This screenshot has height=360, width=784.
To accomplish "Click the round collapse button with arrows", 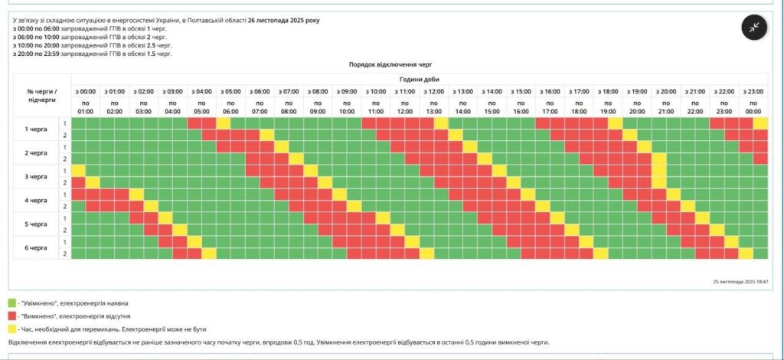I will pyautogui.click(x=754, y=28).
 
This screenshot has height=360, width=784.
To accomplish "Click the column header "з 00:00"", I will pyautogui.click(x=86, y=92).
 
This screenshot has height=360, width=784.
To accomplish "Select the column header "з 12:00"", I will pyautogui.click(x=435, y=92).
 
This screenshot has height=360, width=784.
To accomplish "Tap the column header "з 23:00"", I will pyautogui.click(x=754, y=92).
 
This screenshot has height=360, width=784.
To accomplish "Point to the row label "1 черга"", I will pyautogui.click(x=36, y=129).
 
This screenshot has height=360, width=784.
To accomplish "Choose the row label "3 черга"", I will pyautogui.click(x=36, y=177).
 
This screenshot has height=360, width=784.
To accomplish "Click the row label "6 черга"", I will pyautogui.click(x=36, y=248).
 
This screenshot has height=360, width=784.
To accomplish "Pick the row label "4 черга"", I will pyautogui.click(x=36, y=201).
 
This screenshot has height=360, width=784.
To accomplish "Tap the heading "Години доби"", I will pyautogui.click(x=420, y=79).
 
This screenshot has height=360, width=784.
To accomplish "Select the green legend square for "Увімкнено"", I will pyautogui.click(x=11, y=303).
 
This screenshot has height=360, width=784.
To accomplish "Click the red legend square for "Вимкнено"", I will pyautogui.click(x=11, y=316).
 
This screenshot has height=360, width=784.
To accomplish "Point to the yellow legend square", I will pyautogui.click(x=11, y=328).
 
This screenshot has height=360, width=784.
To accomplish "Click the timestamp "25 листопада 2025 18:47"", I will pyautogui.click(x=739, y=282).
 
